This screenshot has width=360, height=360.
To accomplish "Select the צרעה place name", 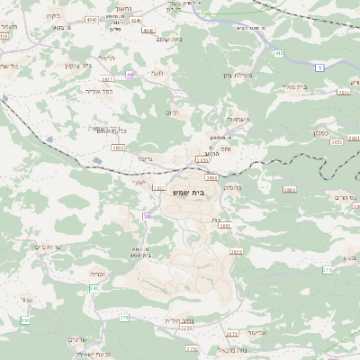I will tap(144, 158).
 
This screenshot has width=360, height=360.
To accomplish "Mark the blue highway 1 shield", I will tap(319, 67).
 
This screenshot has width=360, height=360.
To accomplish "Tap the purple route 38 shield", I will tap(146, 216).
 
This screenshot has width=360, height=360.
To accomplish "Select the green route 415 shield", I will tap(279, 55).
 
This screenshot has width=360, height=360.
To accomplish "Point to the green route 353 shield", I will tap(27, 320).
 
